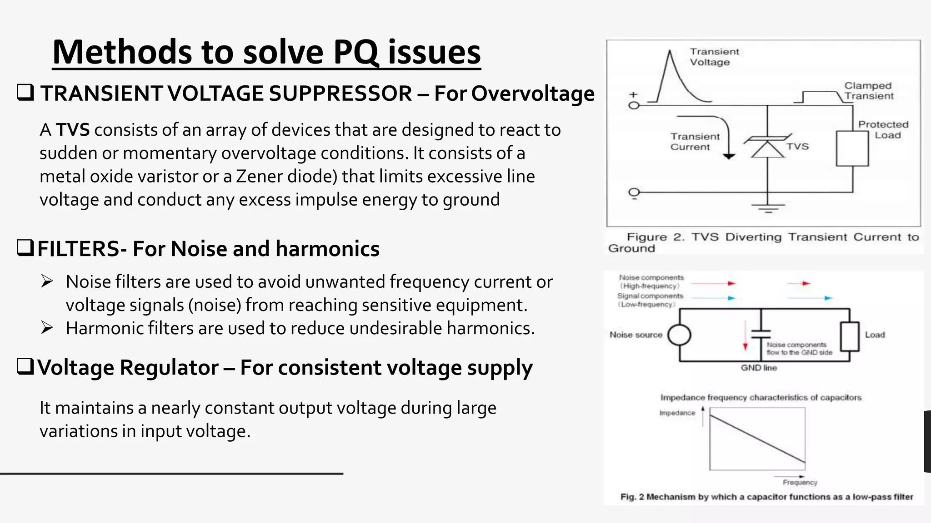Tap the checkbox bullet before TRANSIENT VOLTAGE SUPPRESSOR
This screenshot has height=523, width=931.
click(x=25, y=93)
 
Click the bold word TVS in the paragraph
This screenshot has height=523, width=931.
click(x=73, y=130)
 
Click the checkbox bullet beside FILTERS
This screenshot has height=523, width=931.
click(x=25, y=248)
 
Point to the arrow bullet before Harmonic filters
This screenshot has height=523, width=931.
click(x=47, y=328)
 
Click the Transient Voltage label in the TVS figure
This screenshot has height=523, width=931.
click(x=714, y=57)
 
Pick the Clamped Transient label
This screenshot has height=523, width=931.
click(x=868, y=91)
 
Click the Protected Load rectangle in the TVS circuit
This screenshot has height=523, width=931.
click(x=852, y=148)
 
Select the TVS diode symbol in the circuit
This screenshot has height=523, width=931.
click(x=767, y=146)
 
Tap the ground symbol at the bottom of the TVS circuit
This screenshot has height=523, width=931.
click(x=768, y=209)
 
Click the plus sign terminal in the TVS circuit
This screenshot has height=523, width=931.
click(x=634, y=95)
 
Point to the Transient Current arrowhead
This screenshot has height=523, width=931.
click(x=729, y=156)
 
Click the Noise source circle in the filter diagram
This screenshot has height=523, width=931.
click(x=679, y=335)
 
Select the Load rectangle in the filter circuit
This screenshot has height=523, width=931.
click(x=849, y=336)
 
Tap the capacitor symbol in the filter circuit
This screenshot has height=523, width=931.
click(x=761, y=335)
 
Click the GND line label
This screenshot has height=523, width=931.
click(x=759, y=368)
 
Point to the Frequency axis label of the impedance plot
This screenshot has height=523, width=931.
click(x=800, y=483)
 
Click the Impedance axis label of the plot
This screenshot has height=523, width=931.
click(x=677, y=413)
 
